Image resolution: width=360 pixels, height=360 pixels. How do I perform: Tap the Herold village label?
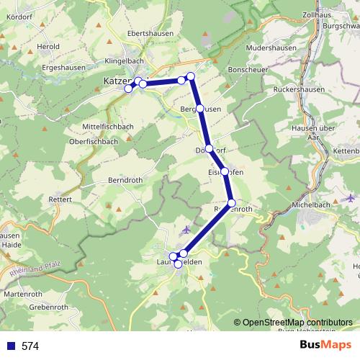(48, 47)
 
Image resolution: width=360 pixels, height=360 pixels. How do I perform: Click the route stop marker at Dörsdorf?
(209, 149)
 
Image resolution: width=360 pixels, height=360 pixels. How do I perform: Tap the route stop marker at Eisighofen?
(225, 171)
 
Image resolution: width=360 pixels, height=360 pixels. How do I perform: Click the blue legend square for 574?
(11, 346)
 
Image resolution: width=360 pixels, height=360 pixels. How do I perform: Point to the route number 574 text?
(30, 346)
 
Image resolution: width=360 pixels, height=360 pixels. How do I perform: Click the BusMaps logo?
(325, 346)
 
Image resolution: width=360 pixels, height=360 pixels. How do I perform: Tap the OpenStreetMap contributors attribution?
(297, 323)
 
